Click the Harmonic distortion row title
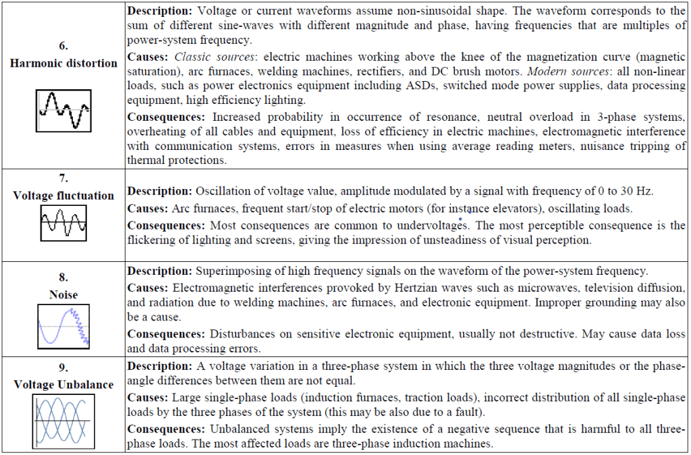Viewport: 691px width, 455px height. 63,63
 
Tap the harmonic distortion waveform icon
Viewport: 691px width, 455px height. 63,110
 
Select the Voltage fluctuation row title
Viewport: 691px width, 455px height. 63,196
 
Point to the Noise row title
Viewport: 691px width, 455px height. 63,294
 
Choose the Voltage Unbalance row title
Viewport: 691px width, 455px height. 63,384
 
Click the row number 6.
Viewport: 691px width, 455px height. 63,47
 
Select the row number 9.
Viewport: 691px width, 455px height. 63,368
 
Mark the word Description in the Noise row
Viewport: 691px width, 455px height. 159,271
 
